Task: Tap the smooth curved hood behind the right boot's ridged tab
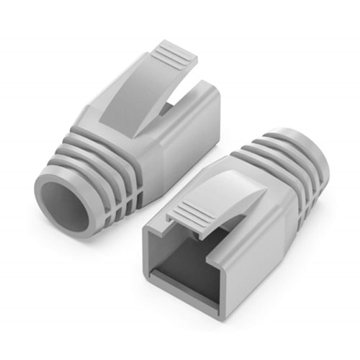tap(216, 184)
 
